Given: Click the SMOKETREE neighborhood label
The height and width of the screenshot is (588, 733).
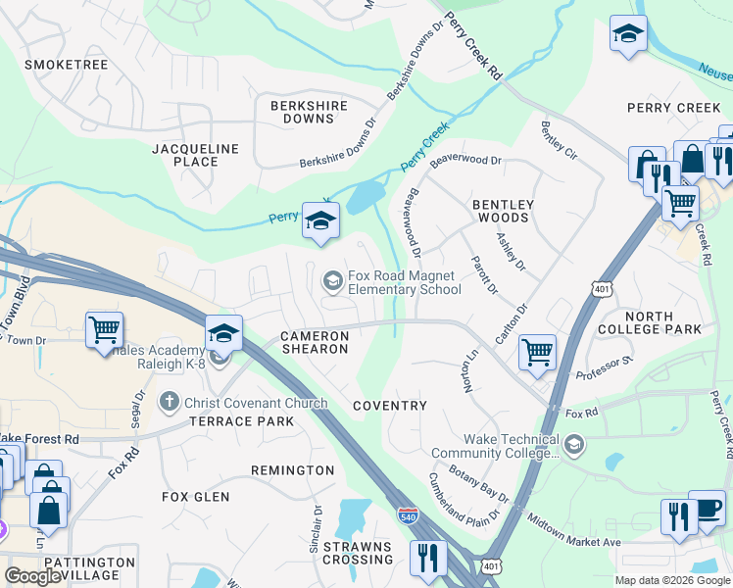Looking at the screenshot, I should click(x=66, y=65).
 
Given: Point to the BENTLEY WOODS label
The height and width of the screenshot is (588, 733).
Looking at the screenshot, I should click(x=503, y=212).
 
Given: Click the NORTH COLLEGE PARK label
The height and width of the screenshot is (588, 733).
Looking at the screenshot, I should click(x=648, y=322).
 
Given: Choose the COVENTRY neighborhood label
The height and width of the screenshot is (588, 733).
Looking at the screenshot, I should click(x=390, y=406).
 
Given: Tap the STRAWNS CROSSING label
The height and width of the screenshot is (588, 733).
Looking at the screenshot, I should click(x=358, y=552).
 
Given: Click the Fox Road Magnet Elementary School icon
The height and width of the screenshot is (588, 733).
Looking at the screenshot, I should click(x=333, y=282).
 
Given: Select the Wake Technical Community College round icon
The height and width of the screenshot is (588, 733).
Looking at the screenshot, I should click(x=573, y=447).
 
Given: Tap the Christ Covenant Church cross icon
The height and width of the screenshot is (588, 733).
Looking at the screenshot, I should click(x=170, y=403).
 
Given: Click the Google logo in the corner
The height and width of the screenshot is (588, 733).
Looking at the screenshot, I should click(x=33, y=576).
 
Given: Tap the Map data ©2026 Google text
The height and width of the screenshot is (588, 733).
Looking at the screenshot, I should click(x=671, y=580).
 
